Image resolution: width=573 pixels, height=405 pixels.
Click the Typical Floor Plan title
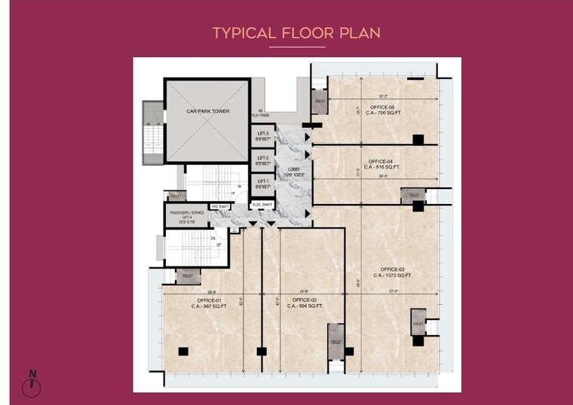[x=296, y=33]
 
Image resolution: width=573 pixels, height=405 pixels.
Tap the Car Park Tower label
[x=207, y=111]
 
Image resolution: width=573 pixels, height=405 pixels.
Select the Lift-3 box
[x=262, y=136]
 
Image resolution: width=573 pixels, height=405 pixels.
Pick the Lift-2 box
[x=262, y=160]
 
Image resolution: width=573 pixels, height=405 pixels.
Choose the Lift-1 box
[x=262, y=184]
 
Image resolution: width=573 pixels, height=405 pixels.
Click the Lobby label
[x=293, y=172]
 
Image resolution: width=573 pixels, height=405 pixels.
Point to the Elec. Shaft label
[x=262, y=203]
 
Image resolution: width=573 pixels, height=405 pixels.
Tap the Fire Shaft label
[x=219, y=206]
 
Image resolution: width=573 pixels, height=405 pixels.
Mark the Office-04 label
[x=380, y=162]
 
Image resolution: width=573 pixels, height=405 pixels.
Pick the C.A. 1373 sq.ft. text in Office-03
[x=393, y=276]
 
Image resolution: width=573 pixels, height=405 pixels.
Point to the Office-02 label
[x=305, y=300]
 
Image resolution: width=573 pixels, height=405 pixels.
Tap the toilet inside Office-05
[x=320, y=102]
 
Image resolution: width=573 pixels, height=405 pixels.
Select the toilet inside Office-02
[x=336, y=342]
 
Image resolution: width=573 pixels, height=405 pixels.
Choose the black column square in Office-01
[x=183, y=351]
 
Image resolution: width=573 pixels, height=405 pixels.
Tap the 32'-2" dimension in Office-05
[x=383, y=96]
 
